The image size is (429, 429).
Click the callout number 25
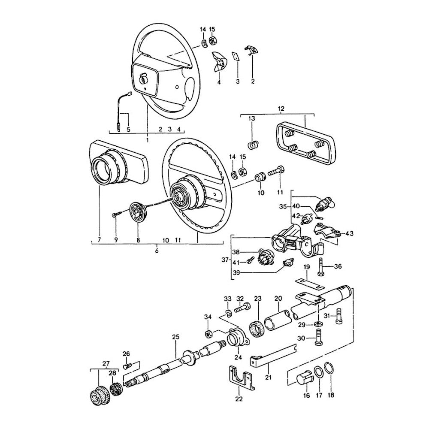175,337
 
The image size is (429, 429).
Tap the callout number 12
281,109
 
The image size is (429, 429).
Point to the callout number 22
239,399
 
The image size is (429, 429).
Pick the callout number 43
349,233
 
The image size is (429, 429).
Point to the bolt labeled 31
339,316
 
